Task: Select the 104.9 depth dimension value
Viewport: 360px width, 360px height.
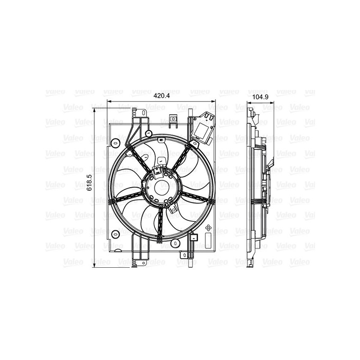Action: (x=258, y=97)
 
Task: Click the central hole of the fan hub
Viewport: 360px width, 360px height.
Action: (x=161, y=185)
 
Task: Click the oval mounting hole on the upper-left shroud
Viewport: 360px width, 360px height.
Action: (x=116, y=143)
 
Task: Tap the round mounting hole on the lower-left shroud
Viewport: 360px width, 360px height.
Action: (x=115, y=234)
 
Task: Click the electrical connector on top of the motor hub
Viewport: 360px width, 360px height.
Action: (x=158, y=171)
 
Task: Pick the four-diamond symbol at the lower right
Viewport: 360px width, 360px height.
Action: (x=208, y=229)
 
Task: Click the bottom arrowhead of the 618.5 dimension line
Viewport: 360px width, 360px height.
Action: (x=94, y=262)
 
